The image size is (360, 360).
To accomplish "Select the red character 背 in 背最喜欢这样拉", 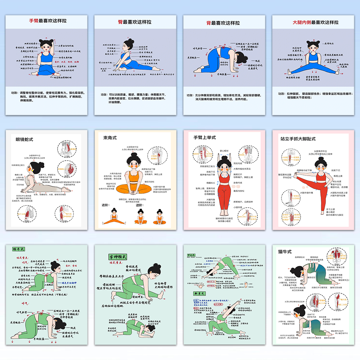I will [208, 23].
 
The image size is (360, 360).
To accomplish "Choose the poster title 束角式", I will [110, 138].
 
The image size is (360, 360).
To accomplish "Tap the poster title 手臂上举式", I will [204, 138].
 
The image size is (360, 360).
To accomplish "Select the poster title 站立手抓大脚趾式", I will [298, 139].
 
